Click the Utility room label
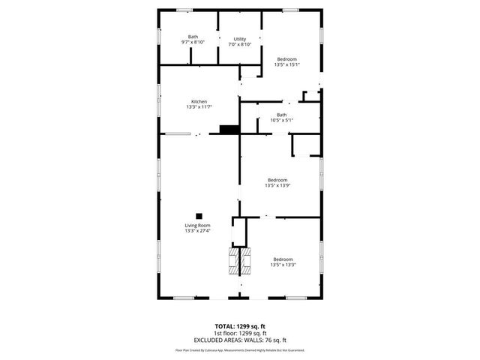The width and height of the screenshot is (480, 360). [x=240, y=39]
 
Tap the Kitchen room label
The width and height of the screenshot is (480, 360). [x=199, y=102]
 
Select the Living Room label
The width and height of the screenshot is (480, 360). [x=198, y=226]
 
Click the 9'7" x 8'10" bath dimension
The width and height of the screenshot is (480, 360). [x=193, y=43]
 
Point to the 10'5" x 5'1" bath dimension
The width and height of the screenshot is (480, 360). [x=281, y=120]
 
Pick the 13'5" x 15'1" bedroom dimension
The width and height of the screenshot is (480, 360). [x=287, y=64]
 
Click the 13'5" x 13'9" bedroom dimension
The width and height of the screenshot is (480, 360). [x=277, y=185]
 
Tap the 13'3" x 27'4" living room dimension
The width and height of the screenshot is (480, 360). [x=198, y=231]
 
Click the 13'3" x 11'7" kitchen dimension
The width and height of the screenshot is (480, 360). [x=199, y=107]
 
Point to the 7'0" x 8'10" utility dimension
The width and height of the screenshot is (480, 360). [x=240, y=44]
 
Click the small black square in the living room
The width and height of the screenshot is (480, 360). [x=199, y=214]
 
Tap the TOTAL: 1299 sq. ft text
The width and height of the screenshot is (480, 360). [x=240, y=327]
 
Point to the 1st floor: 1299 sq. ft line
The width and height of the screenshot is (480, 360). [x=240, y=332]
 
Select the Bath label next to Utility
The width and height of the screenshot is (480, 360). [x=193, y=37]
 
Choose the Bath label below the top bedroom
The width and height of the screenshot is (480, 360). [x=281, y=115]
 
